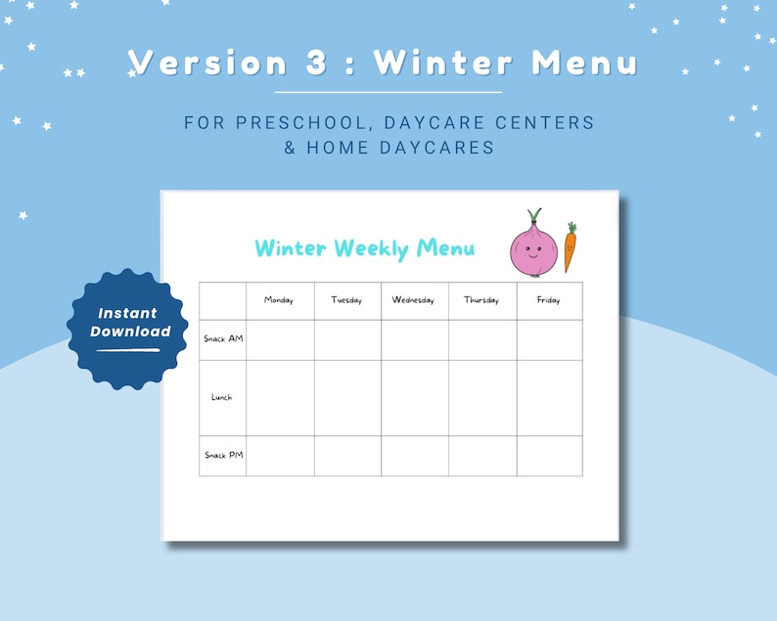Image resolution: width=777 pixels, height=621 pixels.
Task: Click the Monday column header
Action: coord(279,300)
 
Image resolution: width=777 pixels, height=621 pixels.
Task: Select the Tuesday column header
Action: coord(346,300)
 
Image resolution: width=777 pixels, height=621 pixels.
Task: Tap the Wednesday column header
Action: coord(413,300)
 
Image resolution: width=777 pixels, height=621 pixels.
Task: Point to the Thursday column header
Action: coord(481,300)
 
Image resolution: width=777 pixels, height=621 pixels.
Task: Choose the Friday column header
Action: coord(549,300)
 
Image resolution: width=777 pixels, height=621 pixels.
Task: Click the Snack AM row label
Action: coord(223,339)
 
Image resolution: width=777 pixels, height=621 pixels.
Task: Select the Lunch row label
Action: coord(222,397)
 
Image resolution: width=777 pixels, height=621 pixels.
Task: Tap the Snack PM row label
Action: coord(223,455)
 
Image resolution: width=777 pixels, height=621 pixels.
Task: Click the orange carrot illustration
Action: coord(570,247)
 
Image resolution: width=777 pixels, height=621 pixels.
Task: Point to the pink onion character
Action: coord(533,249)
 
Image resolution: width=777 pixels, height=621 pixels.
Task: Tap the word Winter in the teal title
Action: coord(292,248)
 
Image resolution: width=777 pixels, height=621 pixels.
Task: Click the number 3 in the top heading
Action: coord(315,62)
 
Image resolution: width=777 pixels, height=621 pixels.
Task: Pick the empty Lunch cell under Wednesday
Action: coord(415,398)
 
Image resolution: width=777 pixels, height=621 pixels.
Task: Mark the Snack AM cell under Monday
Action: coord(280,340)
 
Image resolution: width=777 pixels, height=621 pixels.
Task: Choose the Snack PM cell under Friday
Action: coord(550,456)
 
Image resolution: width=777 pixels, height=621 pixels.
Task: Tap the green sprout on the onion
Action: coord(533,216)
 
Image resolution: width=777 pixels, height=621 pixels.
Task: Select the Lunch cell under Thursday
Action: coord(482,398)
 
